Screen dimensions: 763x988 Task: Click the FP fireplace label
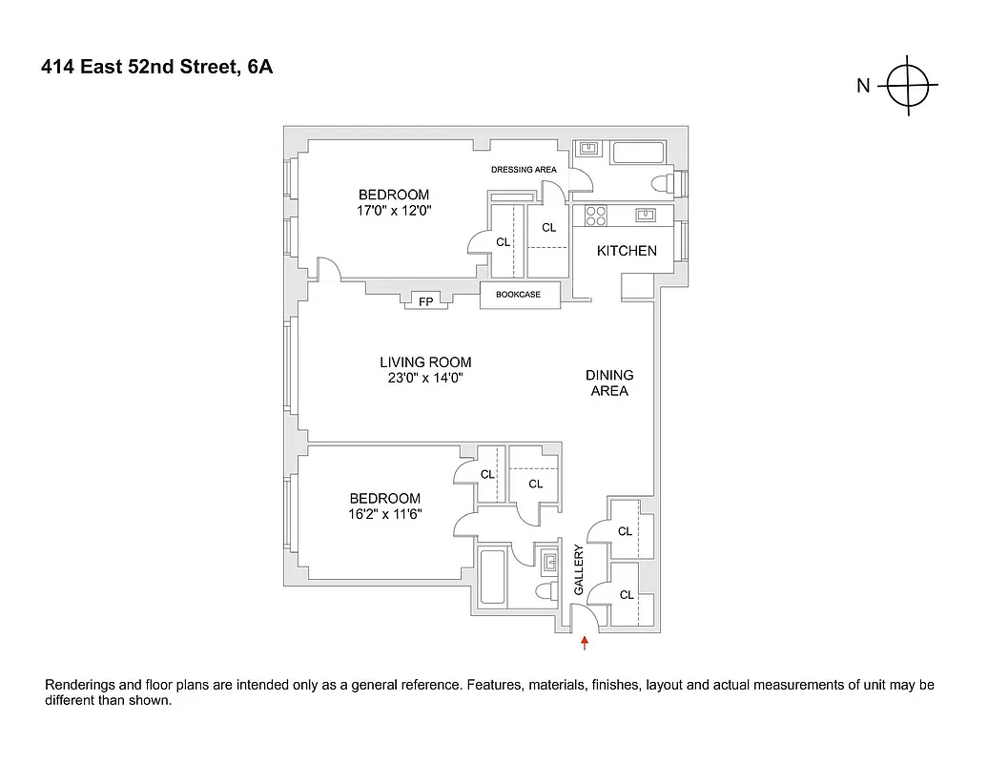pos(425,302)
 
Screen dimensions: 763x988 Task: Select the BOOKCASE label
pos(518,295)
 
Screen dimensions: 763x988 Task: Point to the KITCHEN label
pos(627,251)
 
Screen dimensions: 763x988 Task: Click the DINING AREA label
pos(609,382)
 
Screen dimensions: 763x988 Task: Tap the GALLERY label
pos(578,569)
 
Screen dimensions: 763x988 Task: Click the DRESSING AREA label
pos(524,170)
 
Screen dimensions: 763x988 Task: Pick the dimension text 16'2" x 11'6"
pos(385,513)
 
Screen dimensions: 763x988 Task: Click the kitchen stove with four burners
pos(596,217)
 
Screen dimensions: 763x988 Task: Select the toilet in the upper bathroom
pos(661,183)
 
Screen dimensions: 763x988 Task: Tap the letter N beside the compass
pos(863,86)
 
